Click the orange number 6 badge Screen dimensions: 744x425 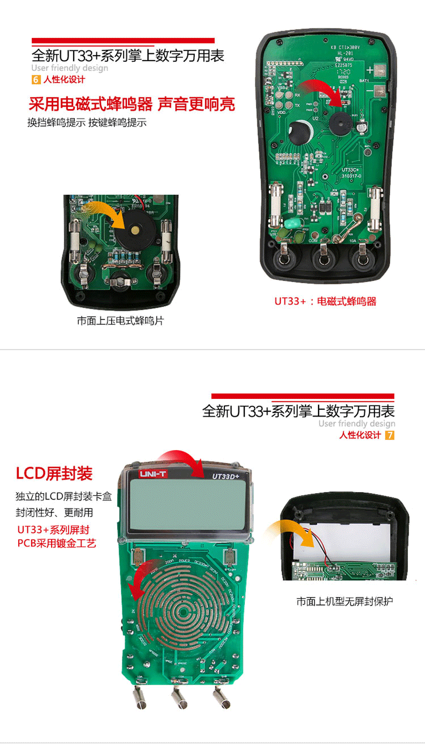36,79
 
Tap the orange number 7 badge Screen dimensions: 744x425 389,435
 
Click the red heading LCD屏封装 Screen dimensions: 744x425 54,473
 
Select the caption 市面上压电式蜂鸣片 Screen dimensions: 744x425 120,321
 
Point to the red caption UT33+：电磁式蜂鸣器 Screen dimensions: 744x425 325,301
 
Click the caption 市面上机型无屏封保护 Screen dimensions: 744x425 344,601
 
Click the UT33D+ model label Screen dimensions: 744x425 227,477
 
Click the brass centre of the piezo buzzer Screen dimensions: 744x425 135,230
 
